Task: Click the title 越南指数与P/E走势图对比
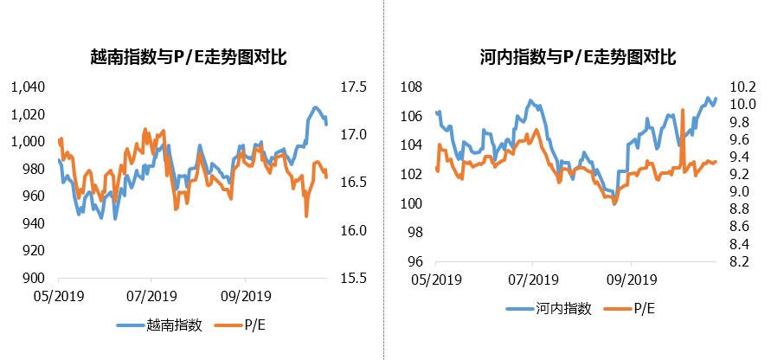[x=189, y=58]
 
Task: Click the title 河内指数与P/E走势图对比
[x=577, y=58]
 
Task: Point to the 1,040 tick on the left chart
[x=25, y=87]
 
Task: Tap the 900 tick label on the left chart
[x=31, y=279]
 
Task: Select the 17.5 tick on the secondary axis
[x=355, y=87]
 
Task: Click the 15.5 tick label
[x=355, y=279]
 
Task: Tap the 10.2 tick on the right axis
[x=743, y=87]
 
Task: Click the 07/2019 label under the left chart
[x=151, y=295]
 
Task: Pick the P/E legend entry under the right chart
[x=643, y=309]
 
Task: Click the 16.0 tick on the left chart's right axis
[x=355, y=230]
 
